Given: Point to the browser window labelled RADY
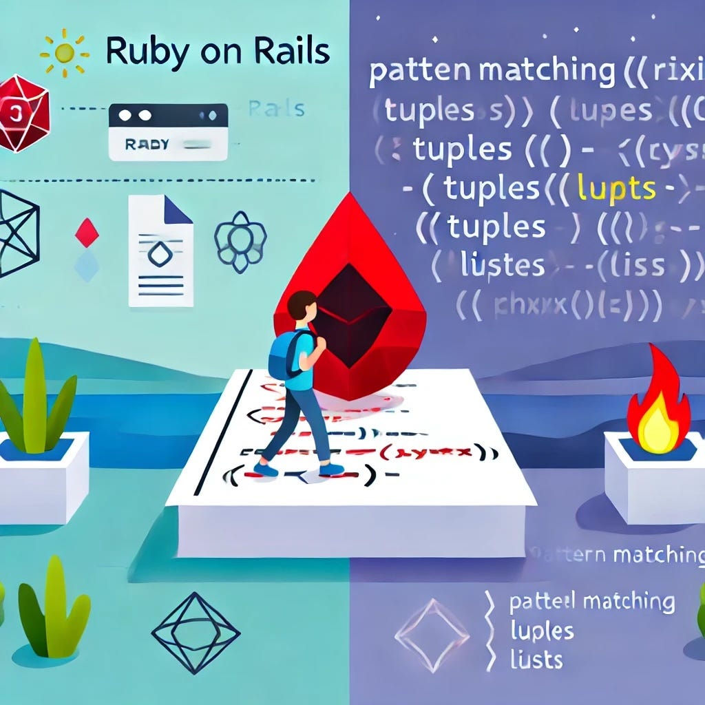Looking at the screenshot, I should [168, 131].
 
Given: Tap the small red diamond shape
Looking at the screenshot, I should [87, 233].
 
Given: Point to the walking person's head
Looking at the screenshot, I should [302, 306].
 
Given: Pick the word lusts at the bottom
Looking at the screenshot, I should [536, 660].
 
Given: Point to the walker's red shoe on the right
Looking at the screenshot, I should [332, 469].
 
